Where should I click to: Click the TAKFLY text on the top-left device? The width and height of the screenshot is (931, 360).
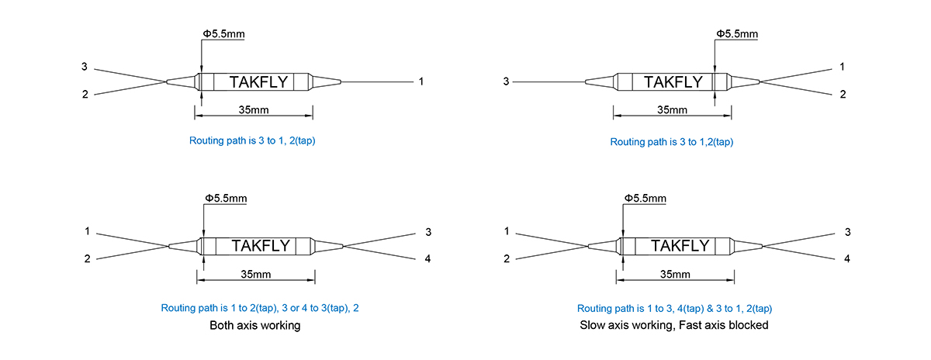tap(258, 82)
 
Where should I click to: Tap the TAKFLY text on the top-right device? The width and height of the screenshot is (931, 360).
tap(673, 82)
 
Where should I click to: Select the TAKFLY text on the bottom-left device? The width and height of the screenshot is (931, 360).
tap(261, 246)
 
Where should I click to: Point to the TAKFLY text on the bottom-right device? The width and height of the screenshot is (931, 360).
tap(680, 246)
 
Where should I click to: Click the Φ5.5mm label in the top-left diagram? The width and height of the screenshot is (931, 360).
tap(223, 33)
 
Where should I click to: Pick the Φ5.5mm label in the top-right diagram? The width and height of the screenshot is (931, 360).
tap(737, 33)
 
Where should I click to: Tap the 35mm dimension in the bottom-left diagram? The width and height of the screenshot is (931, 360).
tap(255, 275)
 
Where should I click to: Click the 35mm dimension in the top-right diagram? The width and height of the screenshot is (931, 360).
tap(672, 109)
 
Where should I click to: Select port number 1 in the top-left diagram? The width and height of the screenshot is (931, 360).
tap(421, 81)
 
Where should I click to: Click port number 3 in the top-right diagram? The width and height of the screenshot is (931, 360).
tap(506, 81)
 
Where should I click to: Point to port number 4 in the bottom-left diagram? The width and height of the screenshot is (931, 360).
tap(427, 259)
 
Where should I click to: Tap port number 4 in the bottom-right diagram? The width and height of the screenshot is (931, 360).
tap(847, 259)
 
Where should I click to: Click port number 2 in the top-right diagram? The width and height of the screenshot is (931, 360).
tap(843, 95)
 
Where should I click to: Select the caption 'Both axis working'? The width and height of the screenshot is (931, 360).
tap(254, 325)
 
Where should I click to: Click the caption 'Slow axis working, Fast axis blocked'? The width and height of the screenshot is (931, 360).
tap(673, 325)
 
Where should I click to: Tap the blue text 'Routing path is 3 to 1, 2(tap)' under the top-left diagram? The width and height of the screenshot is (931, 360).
tap(252, 140)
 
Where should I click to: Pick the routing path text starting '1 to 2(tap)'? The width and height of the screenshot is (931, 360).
tap(260, 308)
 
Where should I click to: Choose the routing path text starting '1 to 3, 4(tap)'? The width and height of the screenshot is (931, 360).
tap(674, 309)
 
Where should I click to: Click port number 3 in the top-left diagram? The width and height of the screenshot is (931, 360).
tap(85, 67)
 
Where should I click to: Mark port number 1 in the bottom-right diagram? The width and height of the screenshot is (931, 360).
tap(506, 231)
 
